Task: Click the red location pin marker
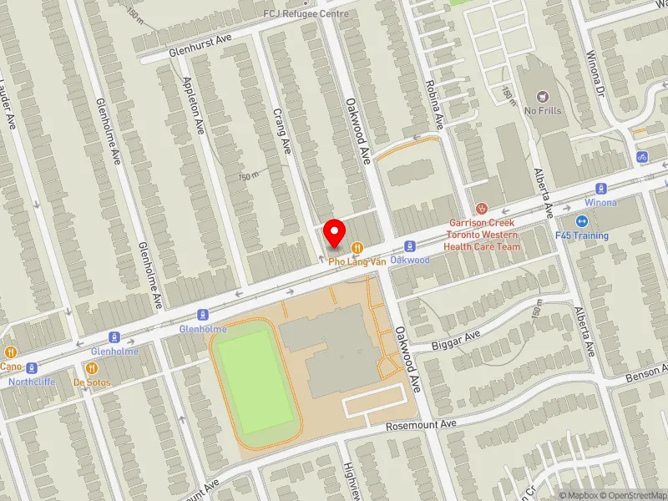[x=335, y=234]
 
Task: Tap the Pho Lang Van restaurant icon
[x=357, y=247]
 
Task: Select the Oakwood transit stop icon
[x=409, y=246]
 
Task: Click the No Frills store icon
[x=543, y=96]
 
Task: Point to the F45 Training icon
[x=583, y=221]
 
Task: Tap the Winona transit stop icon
[x=600, y=189]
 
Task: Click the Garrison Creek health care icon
[x=480, y=208]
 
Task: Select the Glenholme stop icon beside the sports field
[x=202, y=315]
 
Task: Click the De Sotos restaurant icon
[x=91, y=367]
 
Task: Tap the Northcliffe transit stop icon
[x=32, y=368]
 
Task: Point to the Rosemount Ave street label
[x=421, y=425]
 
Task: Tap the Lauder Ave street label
[x=8, y=104]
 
